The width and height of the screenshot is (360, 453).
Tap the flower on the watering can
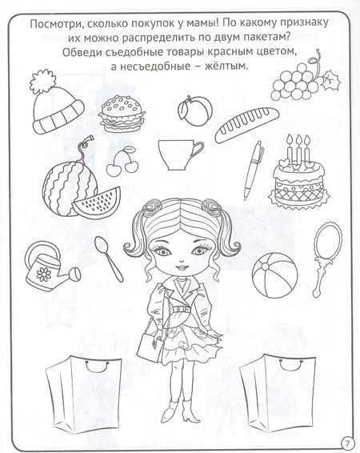[x=46, y=272]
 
